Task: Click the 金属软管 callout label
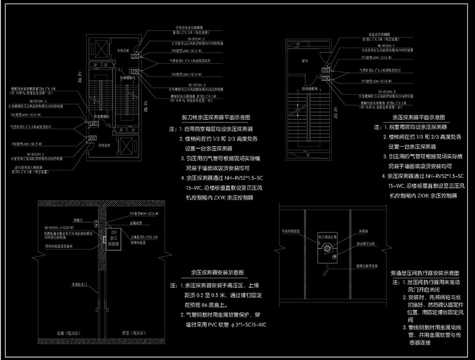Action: tap(137, 224)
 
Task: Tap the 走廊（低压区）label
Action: tap(55, 334)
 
